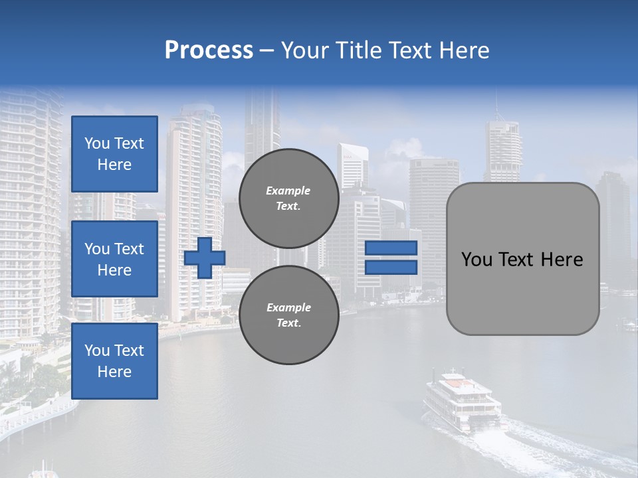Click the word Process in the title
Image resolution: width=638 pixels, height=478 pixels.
pyautogui.click(x=209, y=50)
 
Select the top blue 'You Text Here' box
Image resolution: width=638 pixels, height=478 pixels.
pyautogui.click(x=114, y=154)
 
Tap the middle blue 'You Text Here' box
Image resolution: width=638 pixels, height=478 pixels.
pyautogui.click(x=114, y=259)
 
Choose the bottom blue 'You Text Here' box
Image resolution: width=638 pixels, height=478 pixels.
pyautogui.click(x=114, y=361)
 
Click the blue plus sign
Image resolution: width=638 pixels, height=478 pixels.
pyautogui.click(x=205, y=258)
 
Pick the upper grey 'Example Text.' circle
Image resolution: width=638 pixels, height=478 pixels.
pyautogui.click(x=289, y=198)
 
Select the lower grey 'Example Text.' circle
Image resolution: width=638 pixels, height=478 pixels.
pyautogui.click(x=289, y=315)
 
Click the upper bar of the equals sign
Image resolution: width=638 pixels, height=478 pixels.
pyautogui.click(x=391, y=248)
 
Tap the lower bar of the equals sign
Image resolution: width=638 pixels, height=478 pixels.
pyautogui.click(x=391, y=268)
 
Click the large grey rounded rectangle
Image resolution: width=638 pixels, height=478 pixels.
pyautogui.click(x=522, y=292)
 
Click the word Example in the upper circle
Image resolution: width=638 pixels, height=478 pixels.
pyautogui.click(x=288, y=191)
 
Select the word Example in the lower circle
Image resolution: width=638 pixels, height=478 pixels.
pyautogui.click(x=288, y=307)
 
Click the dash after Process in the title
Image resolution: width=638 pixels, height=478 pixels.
pyautogui.click(x=267, y=50)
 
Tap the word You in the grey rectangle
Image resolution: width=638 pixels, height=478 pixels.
pyautogui.click(x=477, y=260)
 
